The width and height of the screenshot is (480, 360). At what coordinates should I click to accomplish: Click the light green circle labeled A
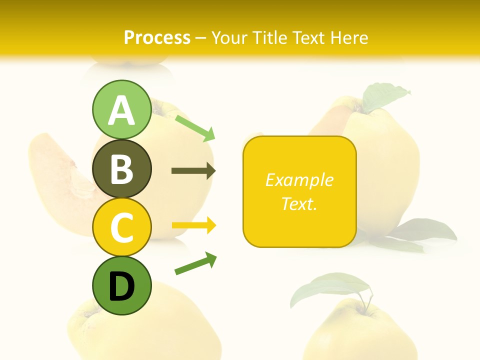(x=121, y=109)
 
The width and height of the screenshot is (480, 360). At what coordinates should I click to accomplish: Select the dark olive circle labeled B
(x=121, y=168)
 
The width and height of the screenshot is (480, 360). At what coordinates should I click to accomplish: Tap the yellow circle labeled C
(x=121, y=227)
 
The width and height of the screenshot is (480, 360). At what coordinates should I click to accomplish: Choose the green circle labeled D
(x=121, y=286)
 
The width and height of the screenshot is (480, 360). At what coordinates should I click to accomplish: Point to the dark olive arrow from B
(x=193, y=171)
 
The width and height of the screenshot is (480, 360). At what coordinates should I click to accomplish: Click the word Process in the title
(x=157, y=37)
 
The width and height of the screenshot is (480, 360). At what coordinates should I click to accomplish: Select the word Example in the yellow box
(x=299, y=180)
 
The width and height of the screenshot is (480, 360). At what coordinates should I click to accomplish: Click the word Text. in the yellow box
(x=299, y=203)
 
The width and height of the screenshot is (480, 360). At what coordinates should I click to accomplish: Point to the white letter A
(x=121, y=110)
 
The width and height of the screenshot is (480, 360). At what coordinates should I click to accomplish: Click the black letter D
(x=121, y=287)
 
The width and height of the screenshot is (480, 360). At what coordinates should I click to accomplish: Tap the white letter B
(x=121, y=169)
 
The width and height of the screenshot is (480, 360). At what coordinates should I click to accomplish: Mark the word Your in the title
(x=231, y=37)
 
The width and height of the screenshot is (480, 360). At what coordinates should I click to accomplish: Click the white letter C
(x=121, y=228)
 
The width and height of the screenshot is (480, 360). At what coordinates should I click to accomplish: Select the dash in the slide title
(x=201, y=38)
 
